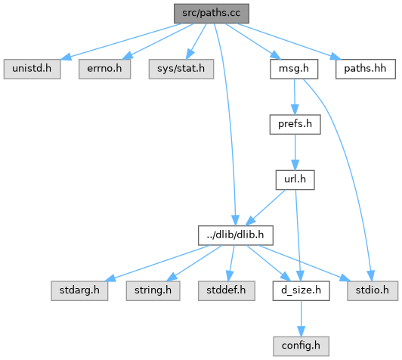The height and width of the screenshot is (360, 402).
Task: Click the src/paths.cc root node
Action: click(x=212, y=14)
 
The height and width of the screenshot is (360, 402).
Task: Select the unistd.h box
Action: click(x=32, y=69)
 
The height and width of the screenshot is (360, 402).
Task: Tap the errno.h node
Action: click(x=104, y=69)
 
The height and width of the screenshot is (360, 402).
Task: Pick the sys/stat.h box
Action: click(x=181, y=69)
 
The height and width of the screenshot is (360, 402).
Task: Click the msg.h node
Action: click(x=294, y=69)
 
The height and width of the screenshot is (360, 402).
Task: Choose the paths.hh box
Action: click(x=365, y=69)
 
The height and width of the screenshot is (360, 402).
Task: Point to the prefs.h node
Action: click(x=295, y=125)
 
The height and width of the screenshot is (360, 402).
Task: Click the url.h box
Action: click(x=295, y=180)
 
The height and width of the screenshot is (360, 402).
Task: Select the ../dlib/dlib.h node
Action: click(x=235, y=235)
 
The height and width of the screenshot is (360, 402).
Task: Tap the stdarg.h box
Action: click(x=79, y=290)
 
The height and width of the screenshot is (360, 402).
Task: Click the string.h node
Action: click(x=153, y=290)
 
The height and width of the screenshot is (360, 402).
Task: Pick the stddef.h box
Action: click(x=227, y=290)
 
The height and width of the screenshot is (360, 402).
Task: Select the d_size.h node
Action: click(x=301, y=290)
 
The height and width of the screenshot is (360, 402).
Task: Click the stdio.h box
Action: click(x=373, y=290)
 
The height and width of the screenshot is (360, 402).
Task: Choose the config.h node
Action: click(x=301, y=346)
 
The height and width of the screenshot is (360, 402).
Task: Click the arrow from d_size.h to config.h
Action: click(x=301, y=318)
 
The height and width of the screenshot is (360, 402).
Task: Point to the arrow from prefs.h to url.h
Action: click(x=295, y=152)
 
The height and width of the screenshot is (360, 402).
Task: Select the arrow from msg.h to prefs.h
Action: click(x=295, y=97)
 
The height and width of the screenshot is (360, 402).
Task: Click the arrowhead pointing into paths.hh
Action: click(x=336, y=57)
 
